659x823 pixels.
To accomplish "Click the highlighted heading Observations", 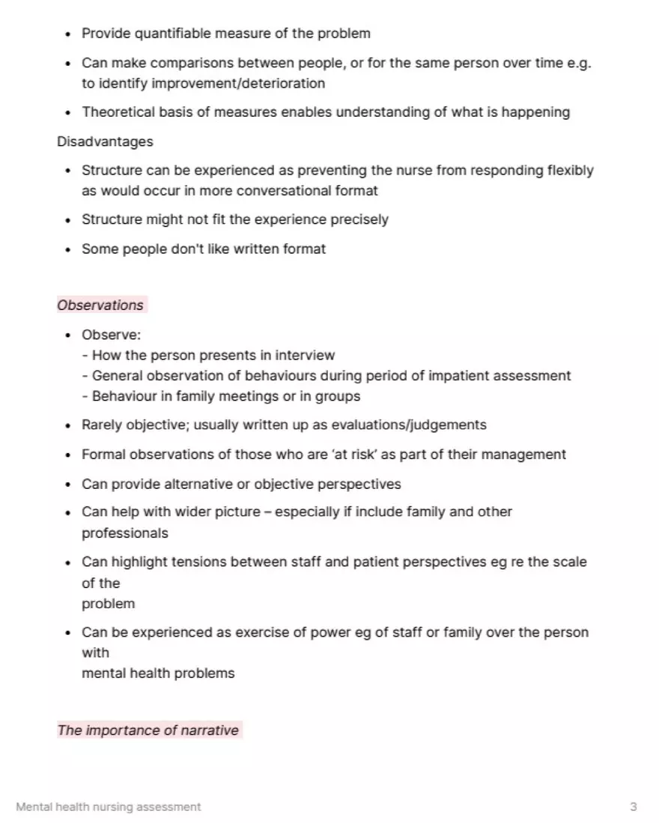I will [100, 306].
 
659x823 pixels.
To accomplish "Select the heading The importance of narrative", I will [148, 730].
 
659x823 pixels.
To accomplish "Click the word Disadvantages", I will [105, 142].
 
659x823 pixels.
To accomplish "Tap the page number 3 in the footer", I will [634, 807].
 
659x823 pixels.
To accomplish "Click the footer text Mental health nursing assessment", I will [109, 807].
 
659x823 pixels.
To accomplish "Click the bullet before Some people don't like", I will [67, 250].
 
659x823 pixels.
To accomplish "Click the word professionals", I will [125, 533].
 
